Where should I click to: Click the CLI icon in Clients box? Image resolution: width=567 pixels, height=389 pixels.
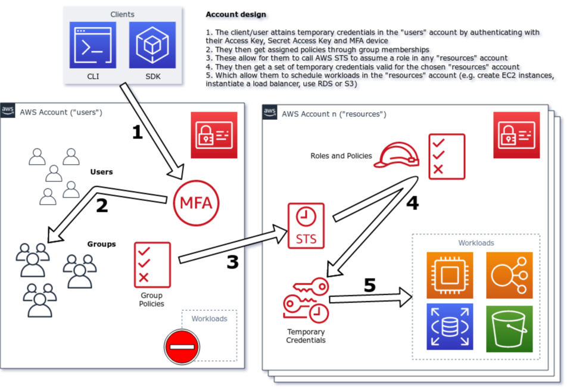(93, 45)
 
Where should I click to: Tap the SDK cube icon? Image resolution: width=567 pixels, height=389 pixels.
(152, 45)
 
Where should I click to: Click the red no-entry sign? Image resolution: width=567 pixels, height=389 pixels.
(182, 346)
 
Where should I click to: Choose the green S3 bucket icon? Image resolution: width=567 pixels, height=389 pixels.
(509, 328)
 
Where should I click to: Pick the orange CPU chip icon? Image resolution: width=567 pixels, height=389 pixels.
(450, 274)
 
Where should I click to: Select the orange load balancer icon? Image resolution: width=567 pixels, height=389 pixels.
(509, 274)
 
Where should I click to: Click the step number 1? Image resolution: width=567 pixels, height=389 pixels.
(138, 132)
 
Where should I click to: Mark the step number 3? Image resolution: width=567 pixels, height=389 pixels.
(232, 262)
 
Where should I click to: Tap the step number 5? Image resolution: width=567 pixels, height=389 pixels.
(369, 285)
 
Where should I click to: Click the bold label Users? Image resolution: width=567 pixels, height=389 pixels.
(101, 172)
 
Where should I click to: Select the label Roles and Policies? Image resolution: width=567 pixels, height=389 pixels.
(341, 156)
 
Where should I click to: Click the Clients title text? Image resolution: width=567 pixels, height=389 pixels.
(123, 14)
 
